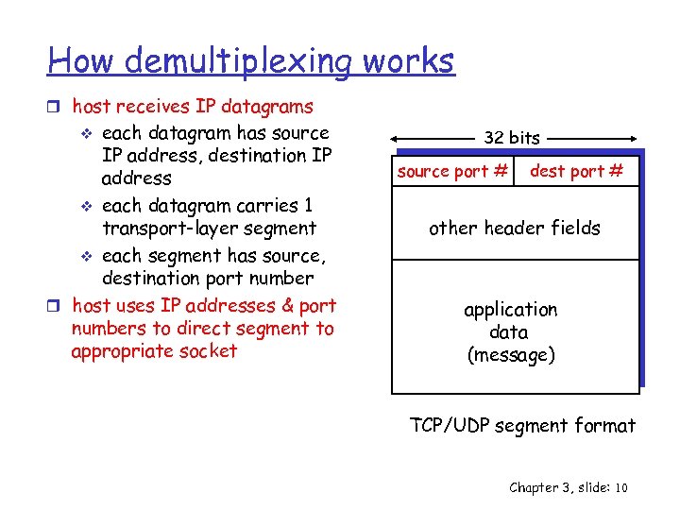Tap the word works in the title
(408, 62)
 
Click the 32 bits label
(512, 138)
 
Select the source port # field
(453, 171)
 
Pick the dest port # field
(577, 171)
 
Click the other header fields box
(515, 228)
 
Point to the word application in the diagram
(511, 310)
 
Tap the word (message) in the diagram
(511, 355)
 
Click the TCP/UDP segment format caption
(523, 426)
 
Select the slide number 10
(620, 487)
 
